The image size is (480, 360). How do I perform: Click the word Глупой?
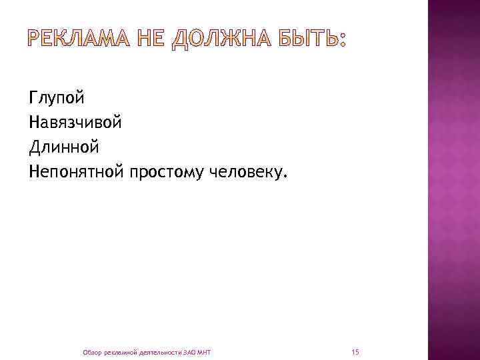[57, 99]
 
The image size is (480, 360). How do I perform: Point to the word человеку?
[247, 173]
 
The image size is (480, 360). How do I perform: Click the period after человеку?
[287, 178]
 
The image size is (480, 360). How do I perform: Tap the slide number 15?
[355, 351]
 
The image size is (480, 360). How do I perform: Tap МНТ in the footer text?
[204, 351]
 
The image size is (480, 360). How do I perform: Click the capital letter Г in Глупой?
[33, 99]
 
